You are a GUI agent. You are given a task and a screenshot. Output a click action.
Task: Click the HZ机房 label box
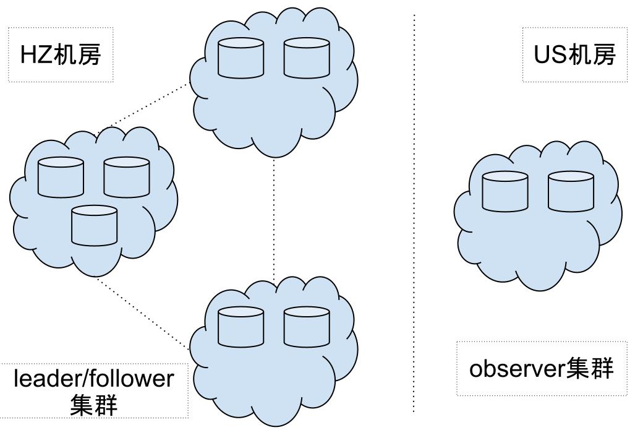[x=61, y=54]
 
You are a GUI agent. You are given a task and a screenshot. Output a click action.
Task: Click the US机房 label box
[x=574, y=54]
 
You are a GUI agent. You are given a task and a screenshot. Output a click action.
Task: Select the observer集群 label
[x=541, y=368]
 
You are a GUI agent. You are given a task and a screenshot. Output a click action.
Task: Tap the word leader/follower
[x=94, y=378]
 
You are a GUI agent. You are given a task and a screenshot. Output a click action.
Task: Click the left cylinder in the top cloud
[x=241, y=59]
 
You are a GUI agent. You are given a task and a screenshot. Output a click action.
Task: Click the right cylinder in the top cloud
[x=307, y=59]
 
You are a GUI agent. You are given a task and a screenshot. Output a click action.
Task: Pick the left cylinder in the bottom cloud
[x=241, y=327]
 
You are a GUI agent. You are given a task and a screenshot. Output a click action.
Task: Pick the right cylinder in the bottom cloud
[x=307, y=327]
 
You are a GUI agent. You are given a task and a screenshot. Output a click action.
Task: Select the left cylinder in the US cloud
[x=505, y=192]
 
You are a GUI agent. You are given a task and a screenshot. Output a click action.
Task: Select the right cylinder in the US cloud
[x=571, y=192]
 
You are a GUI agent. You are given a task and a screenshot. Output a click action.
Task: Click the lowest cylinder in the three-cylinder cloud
[x=94, y=226]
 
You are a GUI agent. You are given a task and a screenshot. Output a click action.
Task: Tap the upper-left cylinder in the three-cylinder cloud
[x=61, y=178]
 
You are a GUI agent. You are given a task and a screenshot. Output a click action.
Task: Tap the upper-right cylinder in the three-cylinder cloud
[x=127, y=178]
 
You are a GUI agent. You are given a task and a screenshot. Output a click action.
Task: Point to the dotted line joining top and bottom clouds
[x=274, y=217]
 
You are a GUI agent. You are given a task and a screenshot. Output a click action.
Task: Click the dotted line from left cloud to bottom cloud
[x=142, y=312]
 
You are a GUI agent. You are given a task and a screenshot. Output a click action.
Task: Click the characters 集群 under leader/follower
[x=94, y=405]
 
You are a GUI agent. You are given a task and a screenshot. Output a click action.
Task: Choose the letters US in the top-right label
[x=550, y=55]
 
